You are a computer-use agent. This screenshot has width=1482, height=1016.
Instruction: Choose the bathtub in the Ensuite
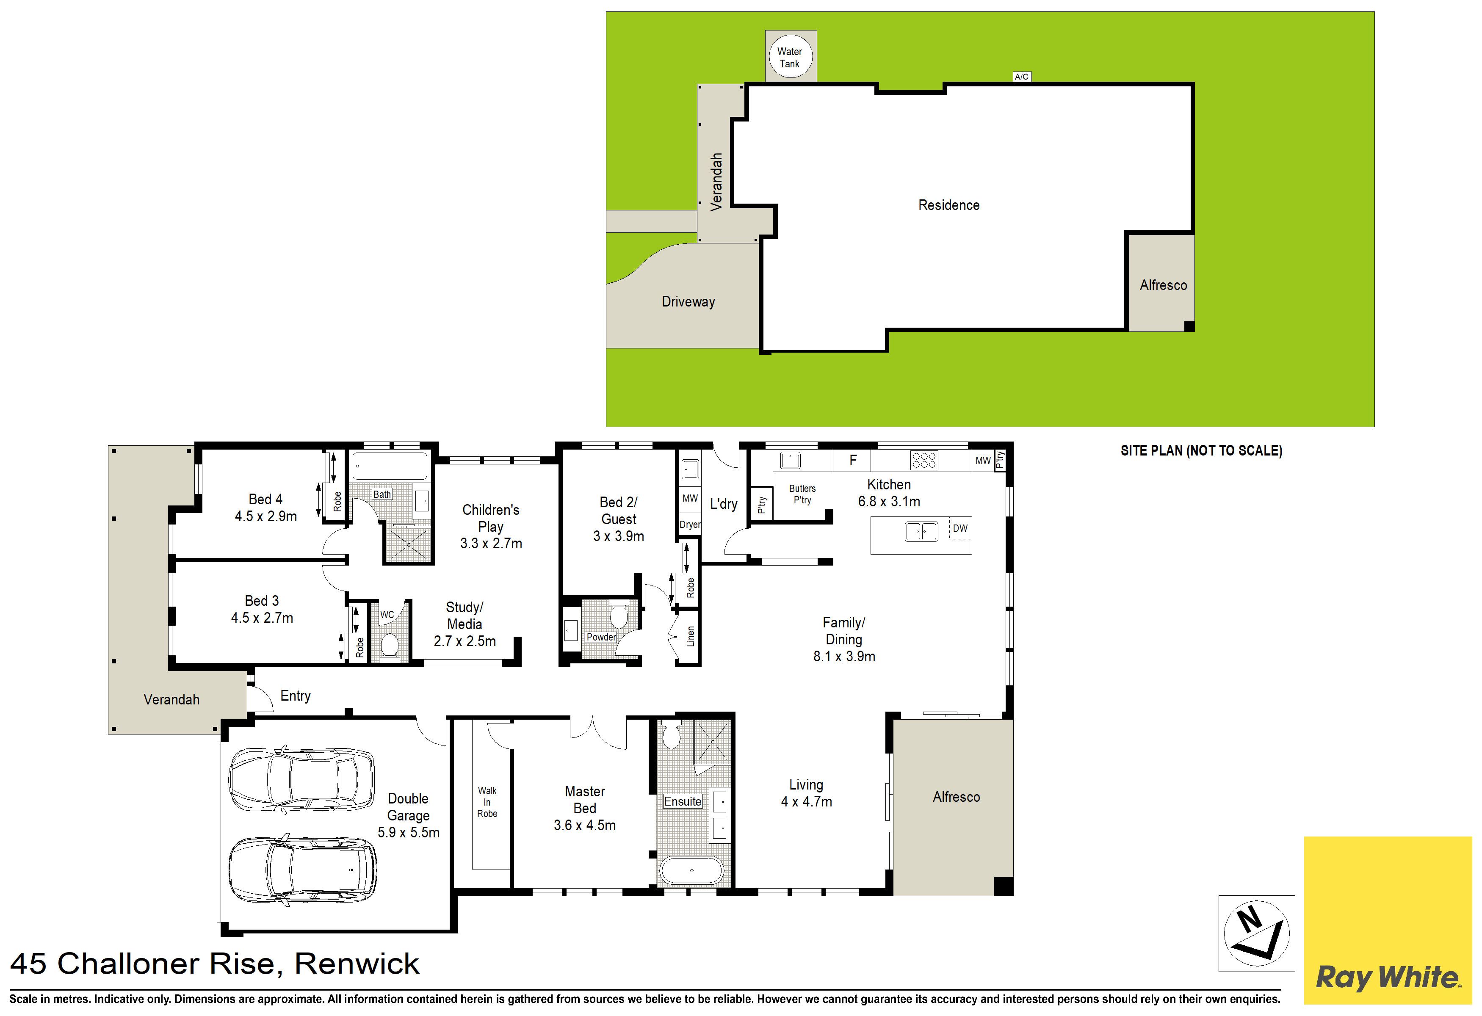point(692,870)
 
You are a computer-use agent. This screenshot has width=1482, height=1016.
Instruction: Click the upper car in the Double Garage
point(301,780)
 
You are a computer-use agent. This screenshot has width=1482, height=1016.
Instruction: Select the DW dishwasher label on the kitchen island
point(960,528)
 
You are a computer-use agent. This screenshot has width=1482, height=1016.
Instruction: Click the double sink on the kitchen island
point(921,531)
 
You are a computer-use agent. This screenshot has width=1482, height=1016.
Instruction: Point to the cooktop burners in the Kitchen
point(924,460)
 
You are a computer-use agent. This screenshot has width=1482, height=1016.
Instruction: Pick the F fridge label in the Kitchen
point(853,460)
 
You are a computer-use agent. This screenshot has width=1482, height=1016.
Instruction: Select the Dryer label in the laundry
point(690,525)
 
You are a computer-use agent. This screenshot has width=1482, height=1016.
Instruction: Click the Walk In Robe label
point(487,802)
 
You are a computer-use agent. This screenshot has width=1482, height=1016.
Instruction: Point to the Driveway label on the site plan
point(688,301)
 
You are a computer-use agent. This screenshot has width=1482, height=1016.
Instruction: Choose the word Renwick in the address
point(357,964)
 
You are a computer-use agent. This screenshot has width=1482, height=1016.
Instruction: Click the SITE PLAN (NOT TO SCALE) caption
point(1201,450)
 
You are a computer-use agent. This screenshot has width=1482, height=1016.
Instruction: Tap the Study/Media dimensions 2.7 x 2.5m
point(465,641)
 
